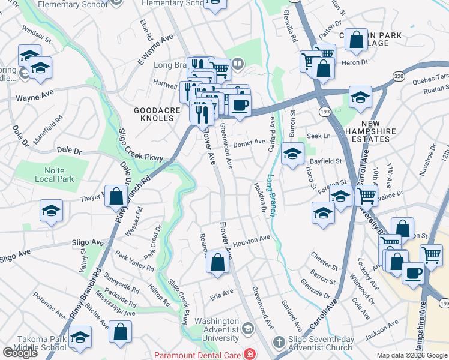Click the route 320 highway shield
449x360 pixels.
pos(398,76)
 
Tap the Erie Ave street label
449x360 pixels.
pos(221,293)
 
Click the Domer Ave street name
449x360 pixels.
pos(249,143)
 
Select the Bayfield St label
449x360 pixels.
pos(325,161)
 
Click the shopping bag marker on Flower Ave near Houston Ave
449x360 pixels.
pos(218,262)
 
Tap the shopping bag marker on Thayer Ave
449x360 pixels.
pos(116,196)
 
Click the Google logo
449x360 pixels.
pos(20,353)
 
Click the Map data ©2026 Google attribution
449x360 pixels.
pos(412,355)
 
